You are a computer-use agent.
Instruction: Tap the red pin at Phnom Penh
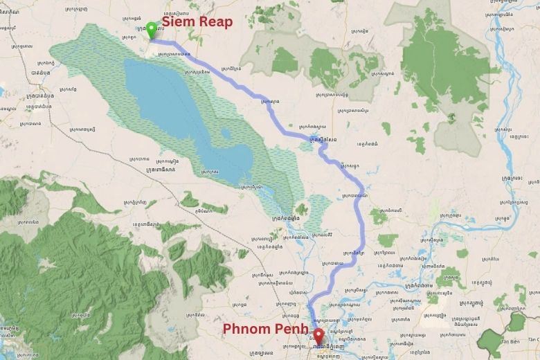click(318, 336)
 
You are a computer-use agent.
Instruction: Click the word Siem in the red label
click(177, 21)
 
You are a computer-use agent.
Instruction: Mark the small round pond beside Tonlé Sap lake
click(225, 134)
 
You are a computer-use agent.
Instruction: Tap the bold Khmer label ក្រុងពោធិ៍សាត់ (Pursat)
click(156, 168)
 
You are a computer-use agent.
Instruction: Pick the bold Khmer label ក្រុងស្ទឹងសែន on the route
click(323, 139)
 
